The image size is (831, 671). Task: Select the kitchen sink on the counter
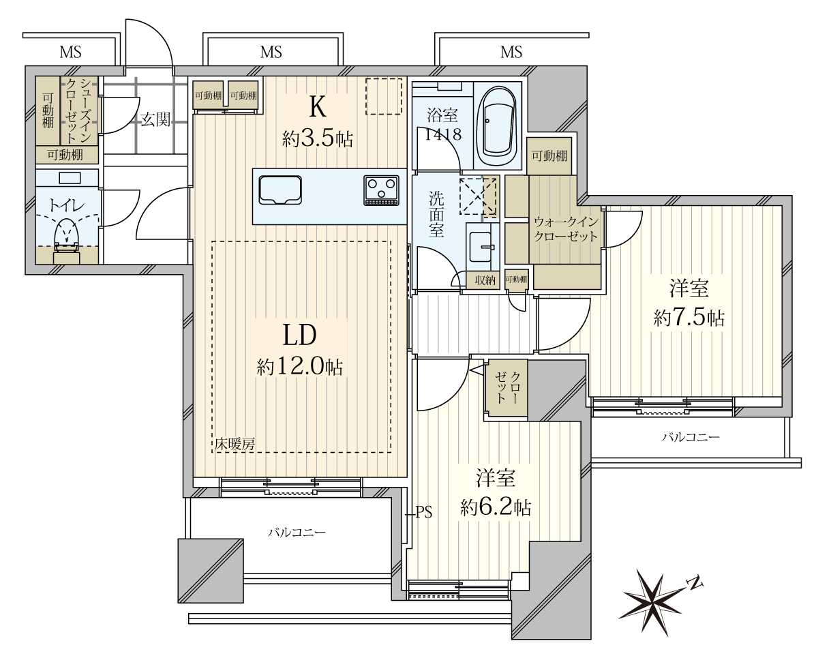[x=280, y=190]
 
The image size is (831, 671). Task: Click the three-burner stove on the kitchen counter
[x=381, y=190]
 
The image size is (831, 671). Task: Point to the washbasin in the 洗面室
[x=482, y=248]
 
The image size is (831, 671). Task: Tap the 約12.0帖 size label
[x=300, y=367]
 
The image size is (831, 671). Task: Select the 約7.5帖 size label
[x=689, y=318]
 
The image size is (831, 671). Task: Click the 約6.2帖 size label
[x=495, y=508]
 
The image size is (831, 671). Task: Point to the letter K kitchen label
[x=317, y=107]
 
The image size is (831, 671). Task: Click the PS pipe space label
[x=424, y=512]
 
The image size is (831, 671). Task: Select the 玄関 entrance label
[x=155, y=119]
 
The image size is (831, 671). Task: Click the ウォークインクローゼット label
[x=565, y=229]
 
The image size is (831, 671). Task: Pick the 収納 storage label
[x=485, y=280]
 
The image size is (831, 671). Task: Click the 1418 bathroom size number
[x=443, y=135]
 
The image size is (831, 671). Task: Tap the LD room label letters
[x=299, y=335]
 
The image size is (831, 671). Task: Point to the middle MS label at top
[x=271, y=52]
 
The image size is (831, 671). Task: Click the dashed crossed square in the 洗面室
[x=478, y=196]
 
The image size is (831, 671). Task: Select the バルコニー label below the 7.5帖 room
[x=691, y=437]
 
